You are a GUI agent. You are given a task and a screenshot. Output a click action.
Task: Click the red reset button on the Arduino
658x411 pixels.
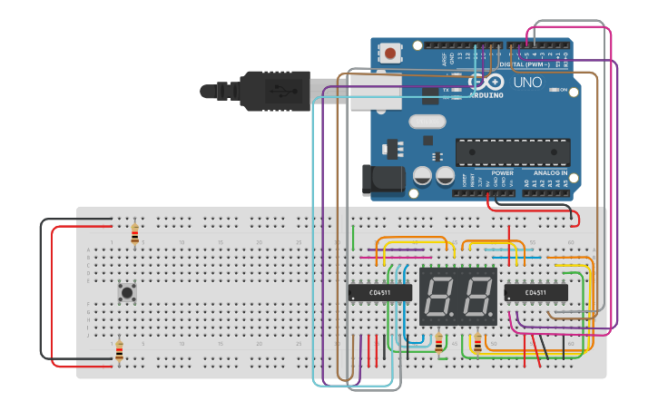[390, 54]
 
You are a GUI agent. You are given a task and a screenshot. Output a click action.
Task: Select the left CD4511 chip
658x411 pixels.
[380, 292]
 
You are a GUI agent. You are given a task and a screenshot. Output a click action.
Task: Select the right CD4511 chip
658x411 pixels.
[535, 292]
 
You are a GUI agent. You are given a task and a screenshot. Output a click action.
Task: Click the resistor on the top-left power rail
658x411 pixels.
[135, 234]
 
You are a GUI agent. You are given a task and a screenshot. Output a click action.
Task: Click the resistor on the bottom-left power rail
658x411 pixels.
[118, 350]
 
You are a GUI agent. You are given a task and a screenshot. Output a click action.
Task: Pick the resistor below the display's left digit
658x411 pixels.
[439, 343]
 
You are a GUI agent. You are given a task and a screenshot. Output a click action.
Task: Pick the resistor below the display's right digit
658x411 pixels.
[478, 343]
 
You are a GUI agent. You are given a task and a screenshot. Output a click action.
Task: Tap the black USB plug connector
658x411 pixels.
[272, 90]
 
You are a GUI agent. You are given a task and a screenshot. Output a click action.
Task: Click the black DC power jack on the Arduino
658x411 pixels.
[384, 180]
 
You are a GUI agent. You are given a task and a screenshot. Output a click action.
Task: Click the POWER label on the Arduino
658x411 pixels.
[502, 172]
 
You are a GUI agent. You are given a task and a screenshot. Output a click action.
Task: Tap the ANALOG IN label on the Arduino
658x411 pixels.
[550, 172]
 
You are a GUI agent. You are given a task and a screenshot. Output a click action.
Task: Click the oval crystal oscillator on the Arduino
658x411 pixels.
[427, 121]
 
